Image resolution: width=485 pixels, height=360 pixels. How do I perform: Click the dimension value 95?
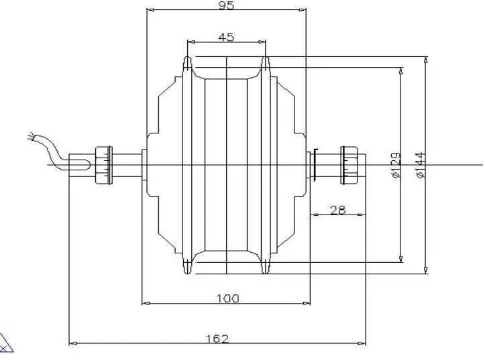[x=226, y=5]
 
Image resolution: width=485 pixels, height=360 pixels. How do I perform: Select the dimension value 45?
[x=226, y=37]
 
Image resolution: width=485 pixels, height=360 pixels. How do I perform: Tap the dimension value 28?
[x=338, y=210]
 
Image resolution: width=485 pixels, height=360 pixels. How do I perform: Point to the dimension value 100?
[x=227, y=298]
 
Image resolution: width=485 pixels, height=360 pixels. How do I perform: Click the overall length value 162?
[x=217, y=339]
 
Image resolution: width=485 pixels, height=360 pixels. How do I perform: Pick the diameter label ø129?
[x=395, y=165]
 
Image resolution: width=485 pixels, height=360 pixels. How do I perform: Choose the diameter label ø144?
[x=421, y=165]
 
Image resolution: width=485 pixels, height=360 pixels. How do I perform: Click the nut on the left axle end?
[x=103, y=165]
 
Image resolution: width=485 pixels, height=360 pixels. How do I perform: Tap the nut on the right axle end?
[x=349, y=164]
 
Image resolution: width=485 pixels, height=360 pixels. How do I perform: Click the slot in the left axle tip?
[x=80, y=164]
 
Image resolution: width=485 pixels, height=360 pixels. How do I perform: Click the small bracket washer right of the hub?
[x=313, y=164]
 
